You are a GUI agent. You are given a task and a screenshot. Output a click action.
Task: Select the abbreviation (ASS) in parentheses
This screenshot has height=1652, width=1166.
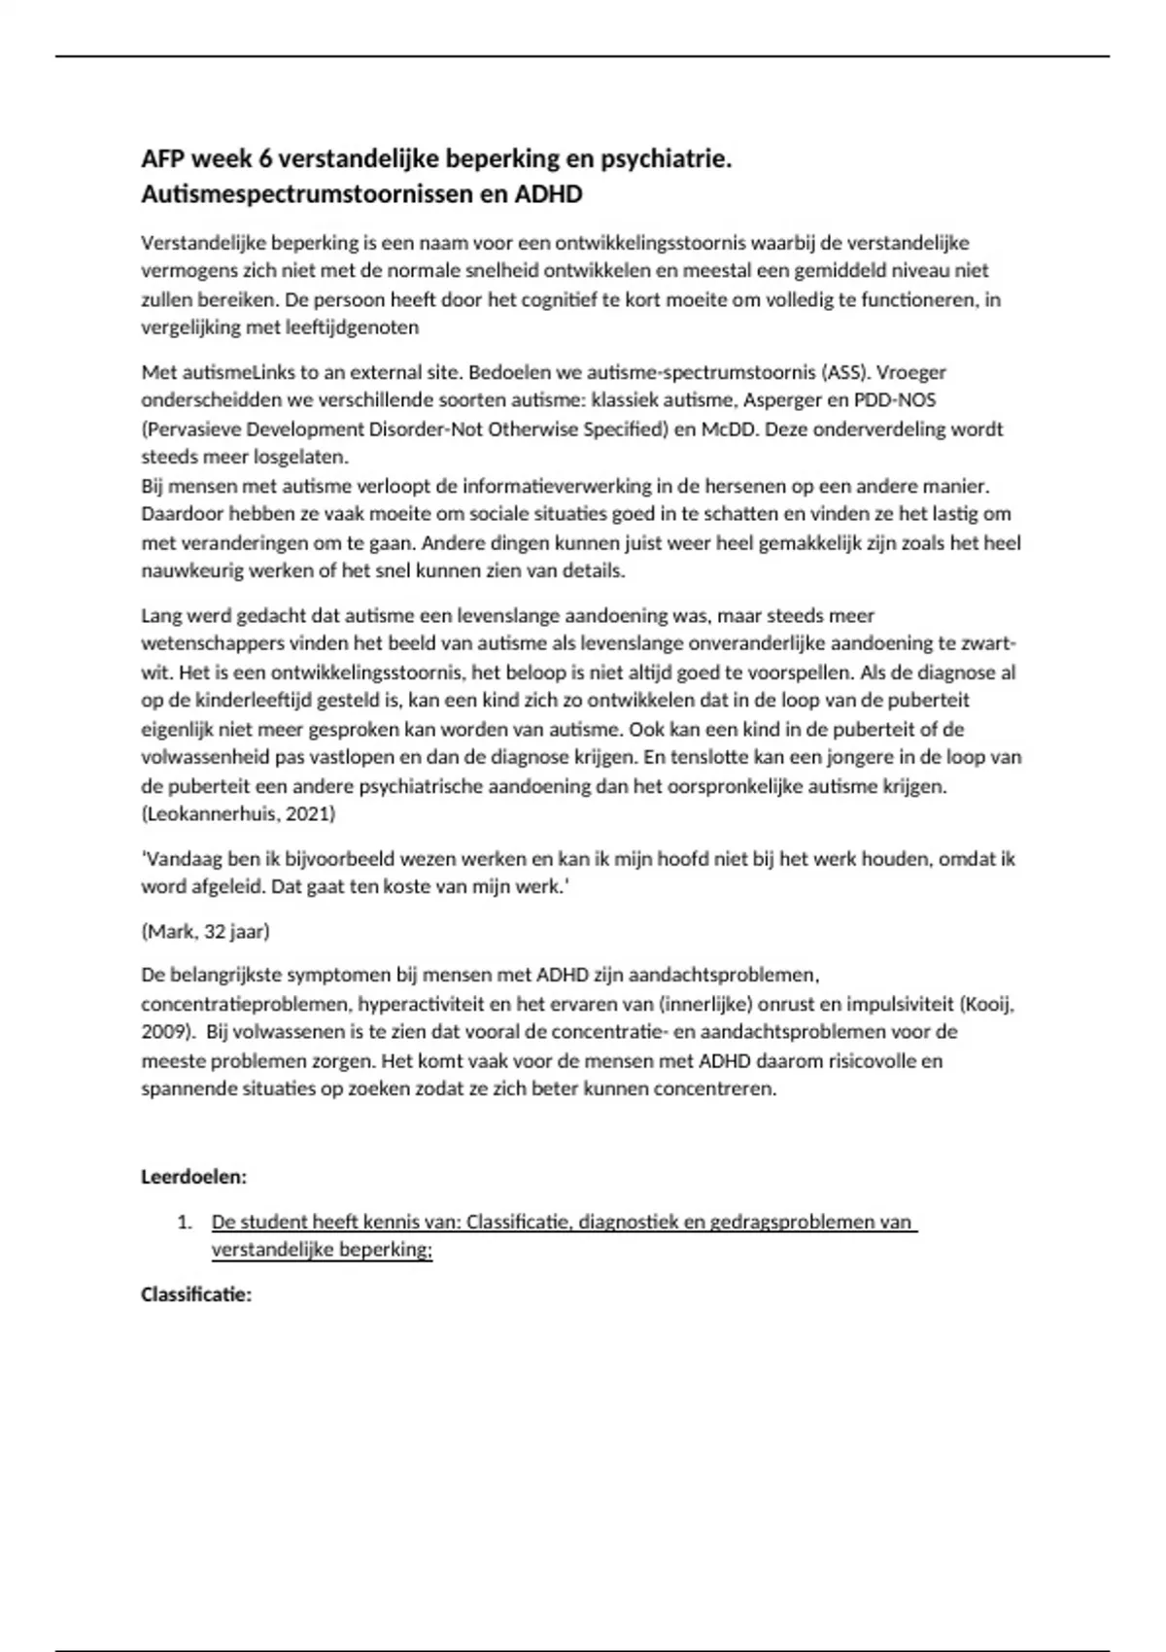tap(843, 372)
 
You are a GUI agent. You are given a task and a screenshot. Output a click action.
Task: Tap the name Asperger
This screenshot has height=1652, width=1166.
tap(783, 400)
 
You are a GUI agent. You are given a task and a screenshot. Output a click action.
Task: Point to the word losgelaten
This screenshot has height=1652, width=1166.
tap(301, 457)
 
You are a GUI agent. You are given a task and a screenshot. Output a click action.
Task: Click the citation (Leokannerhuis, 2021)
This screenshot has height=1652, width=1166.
tap(238, 814)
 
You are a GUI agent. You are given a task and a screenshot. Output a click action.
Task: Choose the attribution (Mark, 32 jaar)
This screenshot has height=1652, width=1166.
tap(206, 931)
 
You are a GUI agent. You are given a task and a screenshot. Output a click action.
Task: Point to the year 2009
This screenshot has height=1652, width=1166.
tap(161, 1032)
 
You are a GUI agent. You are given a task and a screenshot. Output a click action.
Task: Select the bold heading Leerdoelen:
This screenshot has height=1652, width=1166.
tap(194, 1177)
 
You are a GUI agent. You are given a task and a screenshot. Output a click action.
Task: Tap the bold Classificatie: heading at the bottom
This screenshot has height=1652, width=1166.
tap(196, 1294)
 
